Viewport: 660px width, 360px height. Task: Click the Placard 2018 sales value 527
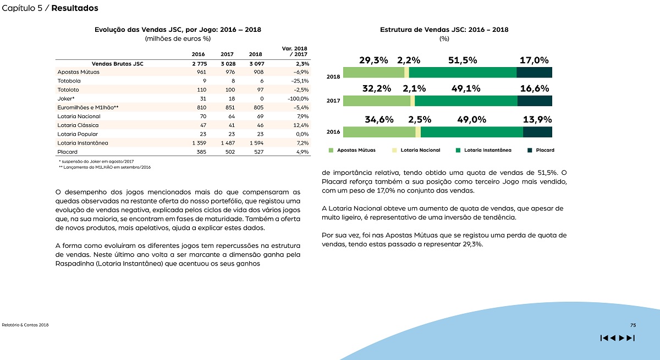[x=258, y=152]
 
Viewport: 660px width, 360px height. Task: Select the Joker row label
[x=65, y=98]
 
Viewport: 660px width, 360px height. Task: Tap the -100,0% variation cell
[x=298, y=98]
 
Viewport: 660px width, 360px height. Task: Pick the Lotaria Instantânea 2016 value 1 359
[x=199, y=143]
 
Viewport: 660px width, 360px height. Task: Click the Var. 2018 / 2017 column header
[x=295, y=51]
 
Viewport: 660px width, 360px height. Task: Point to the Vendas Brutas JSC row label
[x=118, y=64]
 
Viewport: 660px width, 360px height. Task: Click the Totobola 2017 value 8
[x=233, y=81]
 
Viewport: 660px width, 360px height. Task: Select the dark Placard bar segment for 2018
[x=534, y=73]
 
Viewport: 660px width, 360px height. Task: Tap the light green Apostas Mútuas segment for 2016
[x=379, y=132]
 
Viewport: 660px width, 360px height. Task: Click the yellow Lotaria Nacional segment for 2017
[x=413, y=101]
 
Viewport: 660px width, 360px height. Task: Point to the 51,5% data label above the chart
[x=463, y=60]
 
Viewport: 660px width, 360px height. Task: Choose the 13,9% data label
[x=537, y=119]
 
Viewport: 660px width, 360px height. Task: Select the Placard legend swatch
[x=530, y=150]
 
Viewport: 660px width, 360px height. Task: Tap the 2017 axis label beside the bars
[x=333, y=101]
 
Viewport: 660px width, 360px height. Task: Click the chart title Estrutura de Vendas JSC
[x=444, y=30]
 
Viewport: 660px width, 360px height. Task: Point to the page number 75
[x=633, y=325]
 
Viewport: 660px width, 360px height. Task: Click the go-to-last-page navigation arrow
[x=631, y=338]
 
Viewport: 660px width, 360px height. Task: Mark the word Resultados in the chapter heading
[x=75, y=8]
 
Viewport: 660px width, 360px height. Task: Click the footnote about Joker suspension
[x=96, y=161]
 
